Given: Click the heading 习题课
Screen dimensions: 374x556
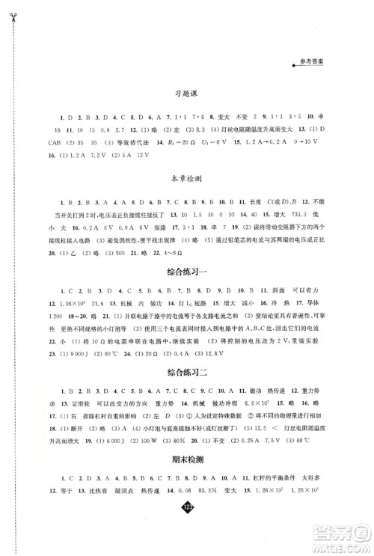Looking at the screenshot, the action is point(183,95).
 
